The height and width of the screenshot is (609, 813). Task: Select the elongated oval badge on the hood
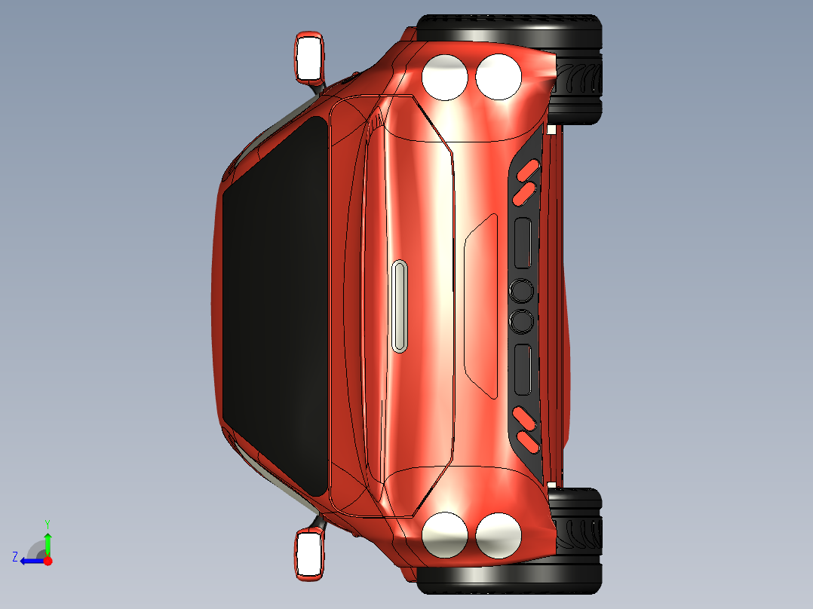click(400, 306)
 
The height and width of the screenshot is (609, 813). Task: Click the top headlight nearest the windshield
click(444, 77)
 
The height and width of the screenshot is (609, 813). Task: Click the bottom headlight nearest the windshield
click(444, 534)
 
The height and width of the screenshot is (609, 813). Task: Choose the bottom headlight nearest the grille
click(499, 535)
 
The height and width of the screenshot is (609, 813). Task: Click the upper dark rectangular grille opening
click(523, 243)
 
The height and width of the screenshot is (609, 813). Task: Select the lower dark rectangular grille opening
click(523, 369)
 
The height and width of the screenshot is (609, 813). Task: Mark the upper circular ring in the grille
click(521, 289)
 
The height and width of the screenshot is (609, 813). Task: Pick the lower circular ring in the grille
click(521, 322)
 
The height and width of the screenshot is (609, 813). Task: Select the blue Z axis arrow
click(30, 561)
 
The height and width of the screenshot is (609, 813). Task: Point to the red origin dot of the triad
click(48, 561)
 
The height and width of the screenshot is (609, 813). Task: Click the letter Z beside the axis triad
click(15, 557)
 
